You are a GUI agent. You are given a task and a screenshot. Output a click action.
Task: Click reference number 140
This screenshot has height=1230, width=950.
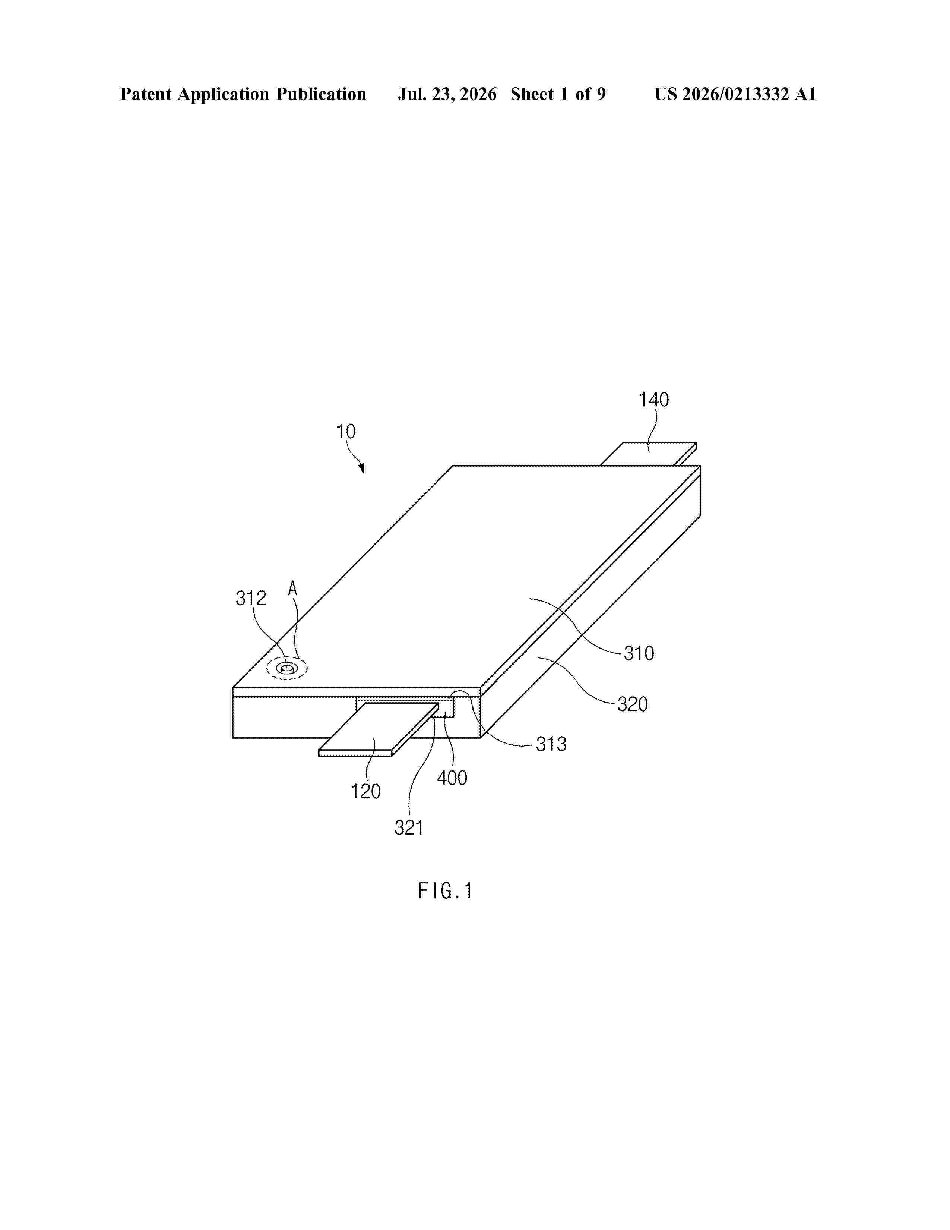click(x=653, y=400)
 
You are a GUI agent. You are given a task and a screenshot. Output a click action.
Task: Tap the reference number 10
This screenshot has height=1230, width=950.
click(x=346, y=432)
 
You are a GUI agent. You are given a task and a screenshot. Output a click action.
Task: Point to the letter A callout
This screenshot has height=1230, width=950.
click(x=293, y=589)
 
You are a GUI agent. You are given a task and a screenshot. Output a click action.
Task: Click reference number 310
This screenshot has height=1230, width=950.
click(x=639, y=653)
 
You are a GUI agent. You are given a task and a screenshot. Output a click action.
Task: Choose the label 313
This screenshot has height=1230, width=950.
click(x=551, y=745)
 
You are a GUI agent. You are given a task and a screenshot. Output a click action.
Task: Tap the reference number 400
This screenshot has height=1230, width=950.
click(x=452, y=778)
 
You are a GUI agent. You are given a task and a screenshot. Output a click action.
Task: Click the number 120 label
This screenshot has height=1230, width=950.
click(x=366, y=792)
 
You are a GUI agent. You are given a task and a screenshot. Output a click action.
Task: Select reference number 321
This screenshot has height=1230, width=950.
click(x=409, y=828)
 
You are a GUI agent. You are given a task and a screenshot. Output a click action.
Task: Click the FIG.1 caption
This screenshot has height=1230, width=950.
click(x=444, y=891)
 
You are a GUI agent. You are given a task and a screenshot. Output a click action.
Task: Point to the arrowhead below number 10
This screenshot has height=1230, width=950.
click(x=361, y=468)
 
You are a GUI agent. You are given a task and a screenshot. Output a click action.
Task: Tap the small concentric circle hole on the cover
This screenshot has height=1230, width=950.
click(x=287, y=669)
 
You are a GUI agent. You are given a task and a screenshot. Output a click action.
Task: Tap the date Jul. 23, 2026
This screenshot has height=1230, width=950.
click(x=447, y=95)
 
